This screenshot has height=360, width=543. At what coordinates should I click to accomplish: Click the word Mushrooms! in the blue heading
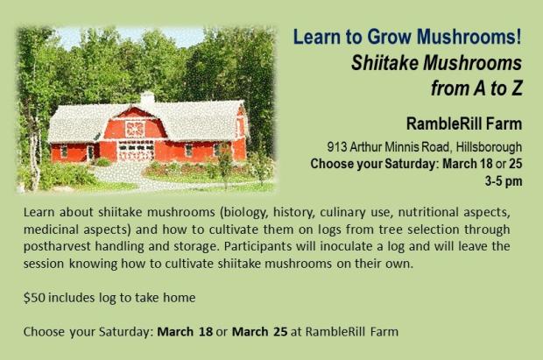pos(469,37)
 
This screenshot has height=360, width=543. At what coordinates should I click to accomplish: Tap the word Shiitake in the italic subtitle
pos(384,63)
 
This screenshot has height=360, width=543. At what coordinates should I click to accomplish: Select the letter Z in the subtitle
pos(516,88)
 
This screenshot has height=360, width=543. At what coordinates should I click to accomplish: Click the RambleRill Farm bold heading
pos(464,124)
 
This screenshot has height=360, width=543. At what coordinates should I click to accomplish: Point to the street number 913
pos(337,147)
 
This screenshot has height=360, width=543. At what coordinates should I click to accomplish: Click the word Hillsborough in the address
pos(489,147)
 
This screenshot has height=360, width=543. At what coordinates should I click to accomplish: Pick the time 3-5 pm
pos(504,181)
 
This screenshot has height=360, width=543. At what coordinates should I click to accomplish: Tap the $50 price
pos(34,298)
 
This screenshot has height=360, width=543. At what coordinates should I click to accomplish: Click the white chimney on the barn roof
pos(147,98)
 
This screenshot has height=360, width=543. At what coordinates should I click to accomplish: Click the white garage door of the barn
pos(136,151)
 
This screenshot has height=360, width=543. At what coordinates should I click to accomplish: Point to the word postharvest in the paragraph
pos(58,247)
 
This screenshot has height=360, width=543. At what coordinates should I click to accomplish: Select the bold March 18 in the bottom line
pos(185,332)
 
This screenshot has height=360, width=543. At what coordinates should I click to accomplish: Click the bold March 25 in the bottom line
pos(260,332)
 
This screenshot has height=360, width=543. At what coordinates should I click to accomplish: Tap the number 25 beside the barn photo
pos(515,164)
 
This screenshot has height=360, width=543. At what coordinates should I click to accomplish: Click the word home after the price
pos(180,298)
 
